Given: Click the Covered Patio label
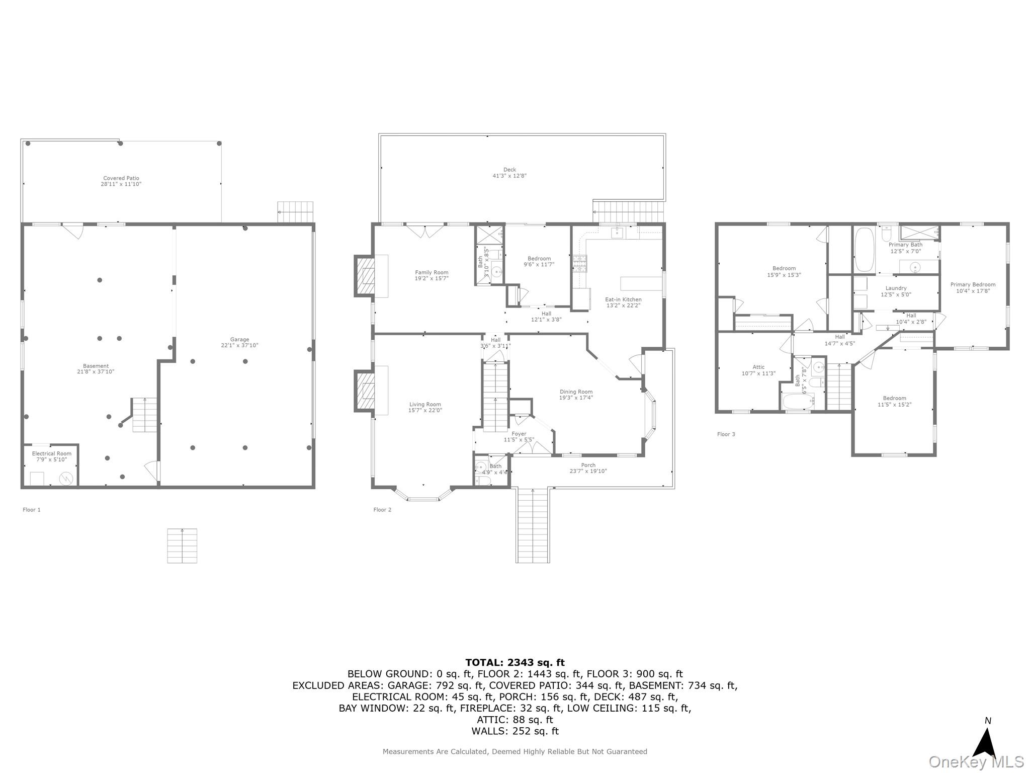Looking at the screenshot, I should (121, 178).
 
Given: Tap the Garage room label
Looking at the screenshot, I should (239, 340).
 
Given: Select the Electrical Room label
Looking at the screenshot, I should (51, 453).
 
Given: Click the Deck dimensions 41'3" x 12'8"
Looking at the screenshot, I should (509, 176).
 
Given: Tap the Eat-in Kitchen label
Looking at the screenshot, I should (623, 299).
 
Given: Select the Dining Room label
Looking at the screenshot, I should (576, 392).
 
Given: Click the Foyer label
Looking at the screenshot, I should (519, 434).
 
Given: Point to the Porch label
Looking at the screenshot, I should (588, 465).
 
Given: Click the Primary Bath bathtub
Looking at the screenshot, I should (865, 250).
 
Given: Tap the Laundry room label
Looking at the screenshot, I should (896, 288).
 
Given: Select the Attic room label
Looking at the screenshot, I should (758, 367).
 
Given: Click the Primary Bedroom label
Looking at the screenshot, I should (973, 284).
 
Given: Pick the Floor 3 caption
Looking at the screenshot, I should (726, 434).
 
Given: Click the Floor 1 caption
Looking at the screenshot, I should (31, 509).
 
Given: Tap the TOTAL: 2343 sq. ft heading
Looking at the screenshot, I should (514, 662).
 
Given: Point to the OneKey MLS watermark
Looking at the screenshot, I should (976, 761).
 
